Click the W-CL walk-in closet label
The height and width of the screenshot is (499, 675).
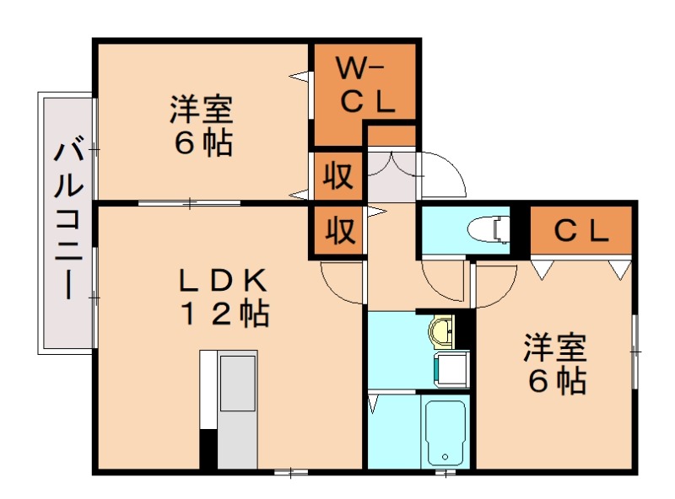(x=365, y=84)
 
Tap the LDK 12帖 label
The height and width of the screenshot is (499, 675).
(x=223, y=297)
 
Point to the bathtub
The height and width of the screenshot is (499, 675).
(x=445, y=431)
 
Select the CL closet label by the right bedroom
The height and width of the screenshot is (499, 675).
(x=580, y=230)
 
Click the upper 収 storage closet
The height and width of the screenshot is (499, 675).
(x=338, y=177)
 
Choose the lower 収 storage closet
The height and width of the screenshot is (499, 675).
(x=338, y=229)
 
